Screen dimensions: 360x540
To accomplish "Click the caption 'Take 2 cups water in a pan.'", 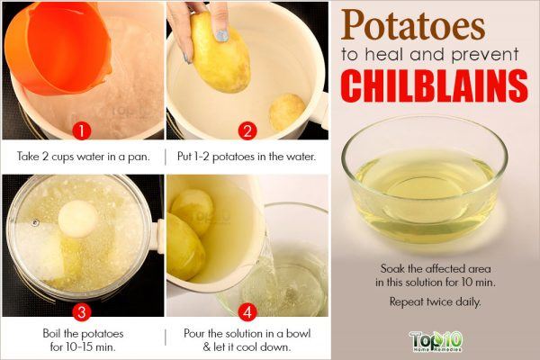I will tap(82, 155).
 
